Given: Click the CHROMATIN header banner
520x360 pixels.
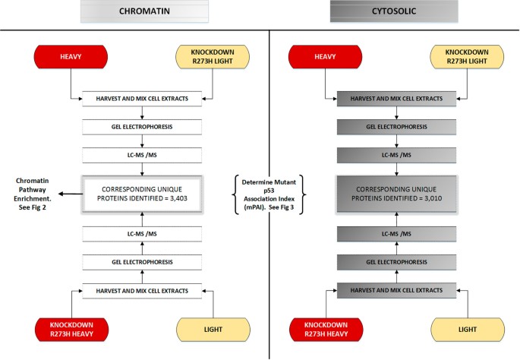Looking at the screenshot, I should pos(143,11).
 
